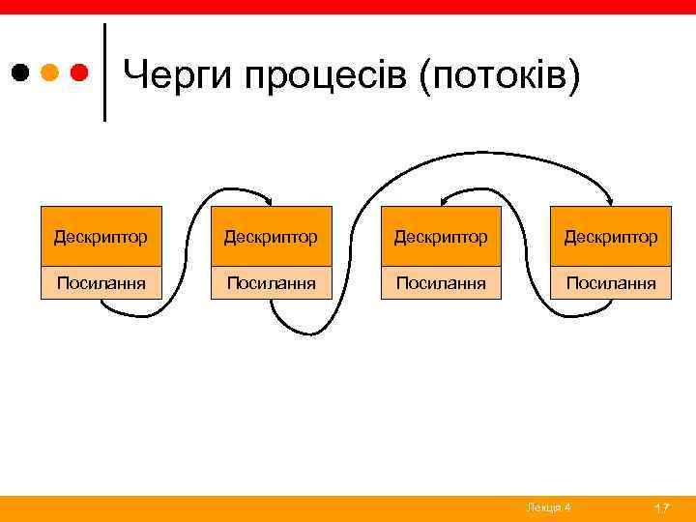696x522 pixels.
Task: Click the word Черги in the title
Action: click(178, 74)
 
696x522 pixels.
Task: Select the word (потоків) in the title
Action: click(501, 74)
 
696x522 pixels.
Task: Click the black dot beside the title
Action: click(21, 72)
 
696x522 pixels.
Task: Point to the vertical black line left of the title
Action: click(104, 72)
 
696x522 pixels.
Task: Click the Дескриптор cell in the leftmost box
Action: click(101, 236)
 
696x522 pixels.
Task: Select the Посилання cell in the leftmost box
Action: click(101, 282)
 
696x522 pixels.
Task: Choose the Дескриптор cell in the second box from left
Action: click(271, 236)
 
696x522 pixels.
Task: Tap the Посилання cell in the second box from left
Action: click(271, 282)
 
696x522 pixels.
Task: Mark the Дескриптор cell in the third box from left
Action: click(441, 236)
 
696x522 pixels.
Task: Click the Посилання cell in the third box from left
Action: click(441, 282)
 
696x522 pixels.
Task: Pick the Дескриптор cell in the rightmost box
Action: click(610, 236)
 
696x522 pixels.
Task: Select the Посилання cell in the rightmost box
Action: click(610, 282)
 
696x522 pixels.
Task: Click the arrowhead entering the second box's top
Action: click(270, 202)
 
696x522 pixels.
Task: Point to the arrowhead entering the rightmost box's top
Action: click(611, 202)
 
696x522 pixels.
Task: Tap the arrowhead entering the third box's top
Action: click(444, 201)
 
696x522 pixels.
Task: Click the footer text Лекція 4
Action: click(548, 507)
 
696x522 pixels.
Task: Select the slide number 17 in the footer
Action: click(662, 507)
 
